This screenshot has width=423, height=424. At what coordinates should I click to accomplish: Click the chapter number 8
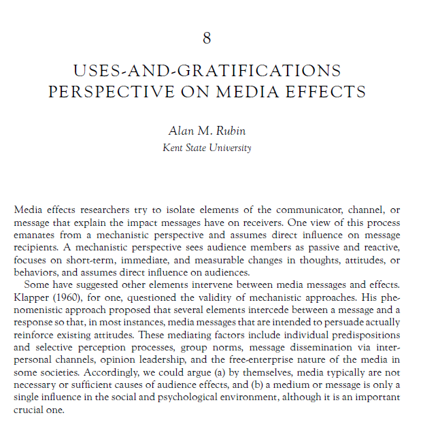coord(207,38)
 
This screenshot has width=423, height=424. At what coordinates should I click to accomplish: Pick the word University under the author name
coord(229,148)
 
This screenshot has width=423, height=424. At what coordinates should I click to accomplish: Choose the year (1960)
coord(70,305)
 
